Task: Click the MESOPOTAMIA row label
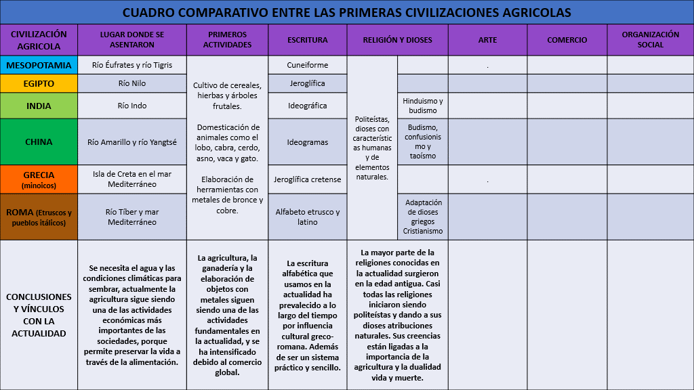(x=39, y=65)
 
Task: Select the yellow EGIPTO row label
(x=39, y=83)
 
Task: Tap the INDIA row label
(x=39, y=106)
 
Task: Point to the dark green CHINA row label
(x=39, y=142)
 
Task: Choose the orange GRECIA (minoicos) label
(x=39, y=179)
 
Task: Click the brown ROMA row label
(x=39, y=217)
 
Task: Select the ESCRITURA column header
(x=307, y=40)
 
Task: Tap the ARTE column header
(x=487, y=40)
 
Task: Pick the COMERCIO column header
(x=567, y=40)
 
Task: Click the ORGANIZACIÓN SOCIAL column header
(x=650, y=39)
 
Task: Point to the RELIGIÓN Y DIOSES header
(x=397, y=40)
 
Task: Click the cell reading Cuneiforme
(x=307, y=65)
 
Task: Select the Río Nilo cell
(x=131, y=83)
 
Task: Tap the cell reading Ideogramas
(x=307, y=142)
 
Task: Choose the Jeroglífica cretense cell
(x=307, y=179)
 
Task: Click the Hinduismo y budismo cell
(x=423, y=106)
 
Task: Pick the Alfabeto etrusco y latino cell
(x=307, y=217)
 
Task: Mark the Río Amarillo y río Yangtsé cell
(x=131, y=142)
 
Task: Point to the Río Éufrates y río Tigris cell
(x=131, y=65)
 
